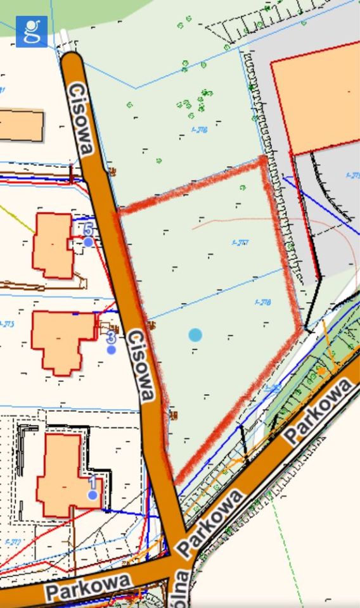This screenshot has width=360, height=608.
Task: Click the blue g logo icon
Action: [x=31, y=32]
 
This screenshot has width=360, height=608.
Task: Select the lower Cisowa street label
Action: [x=140, y=365]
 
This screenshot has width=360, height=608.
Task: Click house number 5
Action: [x=88, y=229]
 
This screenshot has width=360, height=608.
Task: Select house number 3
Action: [x=111, y=336]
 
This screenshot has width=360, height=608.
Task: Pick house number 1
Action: [x=93, y=481]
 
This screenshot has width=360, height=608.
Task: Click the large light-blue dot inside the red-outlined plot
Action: [x=195, y=334]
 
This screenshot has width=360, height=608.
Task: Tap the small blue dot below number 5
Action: [x=88, y=241]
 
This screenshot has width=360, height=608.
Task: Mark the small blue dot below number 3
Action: [x=111, y=349]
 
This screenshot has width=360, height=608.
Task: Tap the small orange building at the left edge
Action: [x=21, y=125]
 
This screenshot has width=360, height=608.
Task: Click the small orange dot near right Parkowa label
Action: [x=322, y=370]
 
